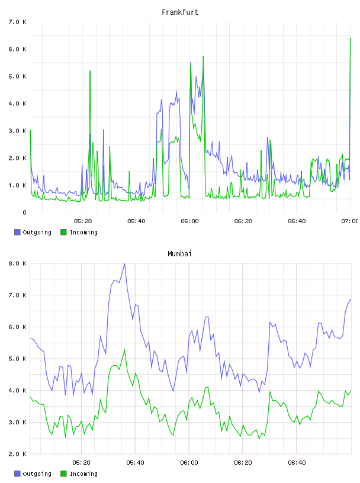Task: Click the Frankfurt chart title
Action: click(x=180, y=12)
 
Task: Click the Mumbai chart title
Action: click(x=179, y=254)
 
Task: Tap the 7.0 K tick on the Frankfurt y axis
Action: click(x=17, y=22)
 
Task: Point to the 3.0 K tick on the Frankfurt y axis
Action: click(x=17, y=131)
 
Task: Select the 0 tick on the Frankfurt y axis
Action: click(x=24, y=212)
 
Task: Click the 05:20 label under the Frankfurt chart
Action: click(x=83, y=221)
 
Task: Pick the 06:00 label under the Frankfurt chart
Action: click(x=190, y=221)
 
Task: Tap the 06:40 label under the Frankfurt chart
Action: click(x=297, y=221)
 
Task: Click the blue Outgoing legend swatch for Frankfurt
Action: click(x=17, y=232)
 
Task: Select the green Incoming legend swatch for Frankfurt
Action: click(x=63, y=232)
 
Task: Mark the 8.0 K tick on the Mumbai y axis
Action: click(x=17, y=263)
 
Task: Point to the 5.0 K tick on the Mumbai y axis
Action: click(x=17, y=359)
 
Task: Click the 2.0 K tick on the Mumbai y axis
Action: click(x=17, y=454)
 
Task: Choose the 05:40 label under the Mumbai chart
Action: click(x=136, y=463)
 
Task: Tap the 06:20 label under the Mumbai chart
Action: click(x=243, y=463)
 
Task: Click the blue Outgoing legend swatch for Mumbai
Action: click(x=17, y=474)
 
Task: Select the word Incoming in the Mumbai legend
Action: click(x=83, y=474)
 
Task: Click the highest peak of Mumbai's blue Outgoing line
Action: click(x=124, y=263)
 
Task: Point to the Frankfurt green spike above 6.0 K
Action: click(x=351, y=39)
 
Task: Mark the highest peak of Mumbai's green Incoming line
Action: click(x=125, y=350)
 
